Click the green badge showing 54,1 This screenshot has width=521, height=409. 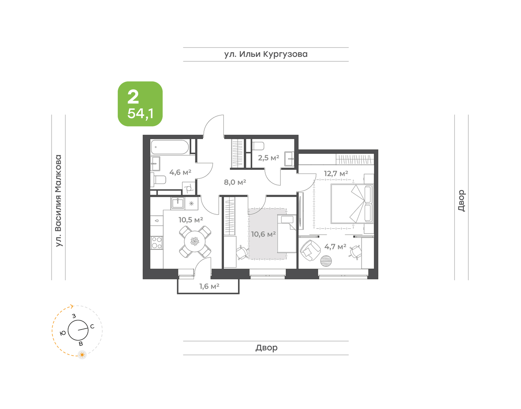click(140, 104)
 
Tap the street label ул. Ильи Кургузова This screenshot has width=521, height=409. click(266, 55)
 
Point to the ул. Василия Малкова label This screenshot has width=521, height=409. click(58, 201)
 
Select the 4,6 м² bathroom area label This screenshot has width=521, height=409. click(180, 172)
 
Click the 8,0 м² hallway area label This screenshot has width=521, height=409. click(235, 182)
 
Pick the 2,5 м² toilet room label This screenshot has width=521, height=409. click(268, 158)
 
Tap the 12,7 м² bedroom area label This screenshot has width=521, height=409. click(336, 173)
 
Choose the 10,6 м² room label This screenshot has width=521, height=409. click(263, 234)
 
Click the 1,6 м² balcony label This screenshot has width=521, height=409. click(209, 286)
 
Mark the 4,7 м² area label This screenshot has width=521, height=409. click(335, 247)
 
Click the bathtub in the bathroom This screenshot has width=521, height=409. click(170, 147)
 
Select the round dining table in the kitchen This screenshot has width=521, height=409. click(195, 242)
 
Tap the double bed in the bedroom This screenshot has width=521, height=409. click(352, 203)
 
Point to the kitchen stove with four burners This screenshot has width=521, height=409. click(156, 242)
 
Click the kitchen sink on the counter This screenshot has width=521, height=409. click(178, 203)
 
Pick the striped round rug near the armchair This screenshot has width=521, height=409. click(326, 261)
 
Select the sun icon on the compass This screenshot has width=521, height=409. click(82, 354)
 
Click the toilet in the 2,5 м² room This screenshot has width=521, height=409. click(258, 145)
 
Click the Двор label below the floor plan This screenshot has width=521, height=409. click(267, 347)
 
